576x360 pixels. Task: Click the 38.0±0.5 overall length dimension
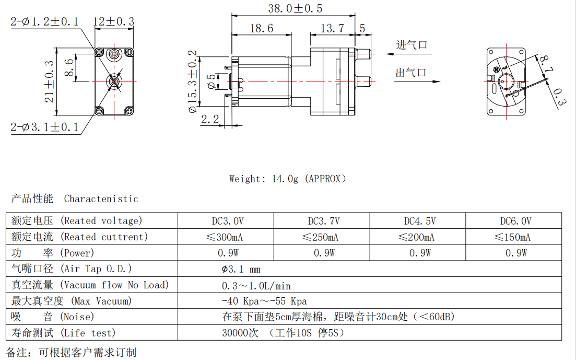295,8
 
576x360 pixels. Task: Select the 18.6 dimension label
261,28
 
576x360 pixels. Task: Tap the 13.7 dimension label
332,28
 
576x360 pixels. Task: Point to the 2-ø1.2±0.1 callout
44,21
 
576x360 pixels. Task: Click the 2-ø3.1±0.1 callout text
44,127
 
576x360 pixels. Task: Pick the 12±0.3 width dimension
113,21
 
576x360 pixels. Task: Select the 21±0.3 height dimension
50,81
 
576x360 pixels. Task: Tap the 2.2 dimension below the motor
209,119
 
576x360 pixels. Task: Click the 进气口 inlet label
412,45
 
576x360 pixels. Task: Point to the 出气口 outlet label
411,73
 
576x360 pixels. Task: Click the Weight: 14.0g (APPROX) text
288,179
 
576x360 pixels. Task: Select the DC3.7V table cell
323,221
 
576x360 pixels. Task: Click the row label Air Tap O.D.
72,269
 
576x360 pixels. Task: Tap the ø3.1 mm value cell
241,270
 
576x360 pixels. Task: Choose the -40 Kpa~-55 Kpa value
264,301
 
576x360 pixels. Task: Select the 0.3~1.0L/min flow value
256,286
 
